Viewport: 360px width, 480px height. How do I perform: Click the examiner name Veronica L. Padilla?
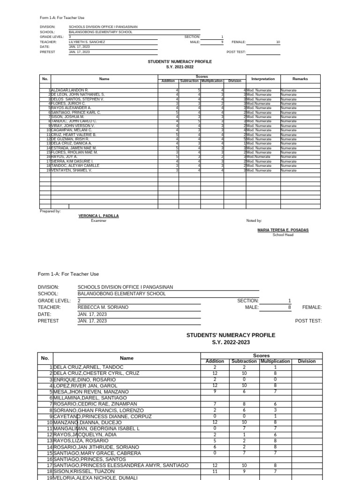[x=98, y=216]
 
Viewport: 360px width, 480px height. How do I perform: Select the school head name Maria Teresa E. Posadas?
[x=283, y=230]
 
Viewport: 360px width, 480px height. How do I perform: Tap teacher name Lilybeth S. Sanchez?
[x=87, y=42]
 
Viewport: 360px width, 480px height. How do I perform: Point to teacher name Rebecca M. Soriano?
[x=103, y=307]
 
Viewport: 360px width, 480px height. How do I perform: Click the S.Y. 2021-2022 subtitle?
[x=180, y=67]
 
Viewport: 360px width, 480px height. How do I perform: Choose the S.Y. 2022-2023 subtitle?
[x=231, y=343]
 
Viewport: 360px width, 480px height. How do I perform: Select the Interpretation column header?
[x=263, y=79]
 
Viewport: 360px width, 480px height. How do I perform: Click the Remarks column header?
[x=300, y=79]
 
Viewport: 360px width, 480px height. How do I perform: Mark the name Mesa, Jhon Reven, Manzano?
[x=91, y=391]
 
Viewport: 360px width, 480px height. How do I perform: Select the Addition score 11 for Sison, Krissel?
[x=215, y=472]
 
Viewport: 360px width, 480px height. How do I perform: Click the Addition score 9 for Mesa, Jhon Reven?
[x=215, y=391]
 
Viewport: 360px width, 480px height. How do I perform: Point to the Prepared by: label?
[x=51, y=211]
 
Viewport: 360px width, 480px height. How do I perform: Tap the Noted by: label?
[x=254, y=220]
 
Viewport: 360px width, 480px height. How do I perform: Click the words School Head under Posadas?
[x=283, y=235]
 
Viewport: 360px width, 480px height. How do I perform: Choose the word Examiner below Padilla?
[x=98, y=221]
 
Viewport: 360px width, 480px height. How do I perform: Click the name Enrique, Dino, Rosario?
[x=84, y=379]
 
